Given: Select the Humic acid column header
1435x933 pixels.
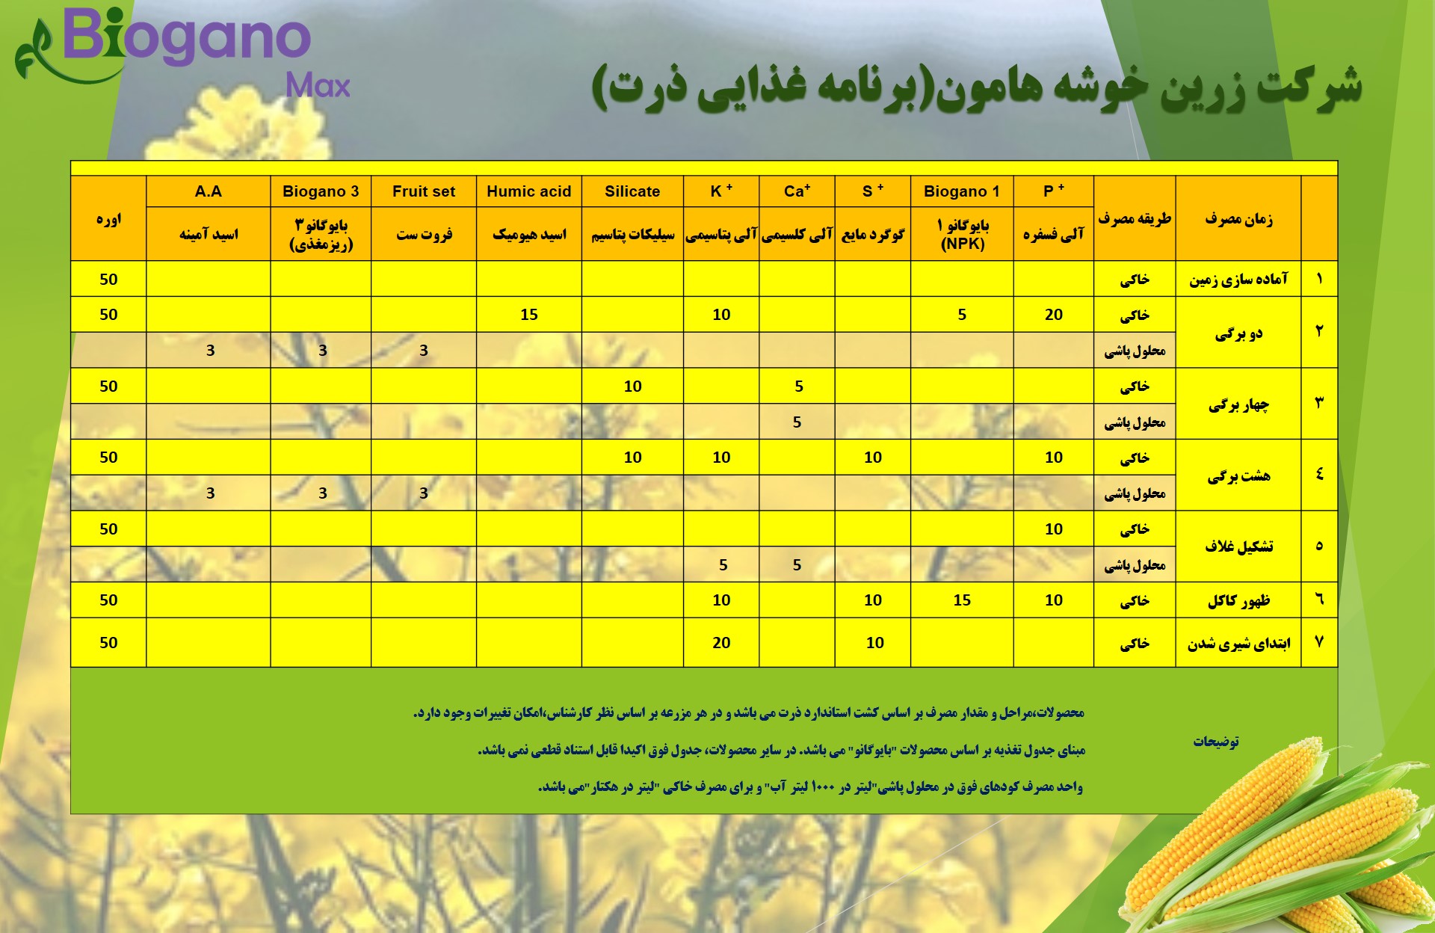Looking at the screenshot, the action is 528,191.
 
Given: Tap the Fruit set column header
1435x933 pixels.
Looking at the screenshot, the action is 424,191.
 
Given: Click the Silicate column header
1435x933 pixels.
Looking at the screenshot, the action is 632,191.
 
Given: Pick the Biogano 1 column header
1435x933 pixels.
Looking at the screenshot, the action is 962,191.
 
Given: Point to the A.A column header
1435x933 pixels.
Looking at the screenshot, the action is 209,191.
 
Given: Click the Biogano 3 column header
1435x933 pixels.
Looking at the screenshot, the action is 321,191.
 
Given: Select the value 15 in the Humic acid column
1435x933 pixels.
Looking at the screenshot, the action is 529,315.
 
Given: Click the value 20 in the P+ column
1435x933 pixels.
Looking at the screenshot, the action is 1054,315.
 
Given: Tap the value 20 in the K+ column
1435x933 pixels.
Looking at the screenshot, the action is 721,642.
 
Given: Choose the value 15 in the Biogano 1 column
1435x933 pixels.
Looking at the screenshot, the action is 962,600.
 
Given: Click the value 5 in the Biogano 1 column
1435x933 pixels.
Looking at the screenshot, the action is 962,315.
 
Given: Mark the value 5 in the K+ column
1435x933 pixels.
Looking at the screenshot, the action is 723,565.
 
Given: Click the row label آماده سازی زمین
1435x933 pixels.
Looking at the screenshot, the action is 1238,280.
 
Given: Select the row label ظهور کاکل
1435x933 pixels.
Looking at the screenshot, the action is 1238,601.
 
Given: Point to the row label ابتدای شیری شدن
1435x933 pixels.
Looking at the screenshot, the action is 1238,644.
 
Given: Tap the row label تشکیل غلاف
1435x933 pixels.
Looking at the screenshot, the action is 1238,546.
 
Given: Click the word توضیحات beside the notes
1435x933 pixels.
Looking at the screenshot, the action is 1216,741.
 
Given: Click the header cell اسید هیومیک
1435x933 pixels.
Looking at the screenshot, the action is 529,235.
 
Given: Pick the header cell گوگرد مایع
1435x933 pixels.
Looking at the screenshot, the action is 872,235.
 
